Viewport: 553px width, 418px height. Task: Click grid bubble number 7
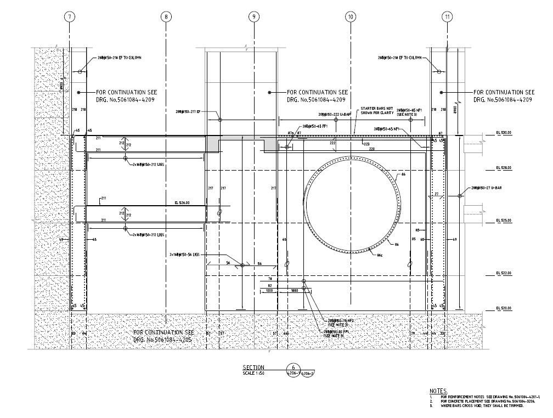click(69, 16)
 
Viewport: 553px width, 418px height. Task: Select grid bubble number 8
click(166, 16)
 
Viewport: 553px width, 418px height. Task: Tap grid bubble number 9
click(253, 16)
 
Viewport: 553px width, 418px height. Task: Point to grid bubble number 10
click(351, 16)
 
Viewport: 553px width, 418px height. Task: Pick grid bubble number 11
click(448, 16)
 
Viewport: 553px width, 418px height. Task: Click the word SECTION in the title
click(253, 368)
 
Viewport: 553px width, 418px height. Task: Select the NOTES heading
click(439, 390)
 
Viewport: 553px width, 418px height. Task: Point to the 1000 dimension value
click(269, 291)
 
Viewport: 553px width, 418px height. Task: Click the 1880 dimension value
click(295, 291)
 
